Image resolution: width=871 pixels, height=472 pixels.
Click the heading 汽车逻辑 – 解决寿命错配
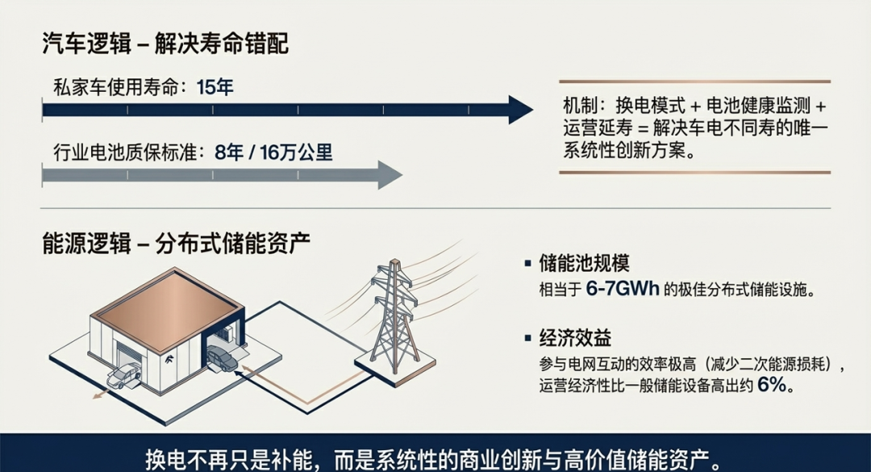pos(165,44)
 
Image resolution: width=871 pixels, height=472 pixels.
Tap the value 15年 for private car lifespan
pos(215,87)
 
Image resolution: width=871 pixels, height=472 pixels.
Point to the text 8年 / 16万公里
pos(274,152)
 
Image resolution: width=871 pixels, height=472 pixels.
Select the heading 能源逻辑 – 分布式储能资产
pos(177,243)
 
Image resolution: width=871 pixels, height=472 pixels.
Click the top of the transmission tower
pos(394,266)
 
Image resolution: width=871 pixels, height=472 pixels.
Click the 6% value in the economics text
pos(773,386)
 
